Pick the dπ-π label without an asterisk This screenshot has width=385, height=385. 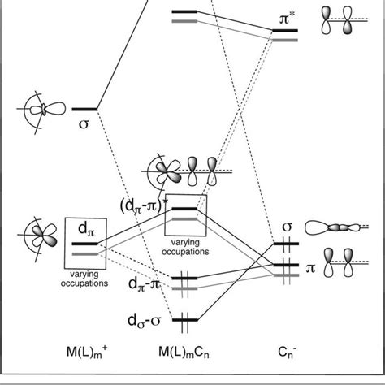[x=145, y=285]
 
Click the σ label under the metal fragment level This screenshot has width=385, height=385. [x=84, y=124]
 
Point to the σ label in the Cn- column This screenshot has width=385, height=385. [x=285, y=227]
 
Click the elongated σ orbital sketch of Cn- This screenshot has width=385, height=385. [x=334, y=229]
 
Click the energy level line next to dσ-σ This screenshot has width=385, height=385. [x=186, y=319]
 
